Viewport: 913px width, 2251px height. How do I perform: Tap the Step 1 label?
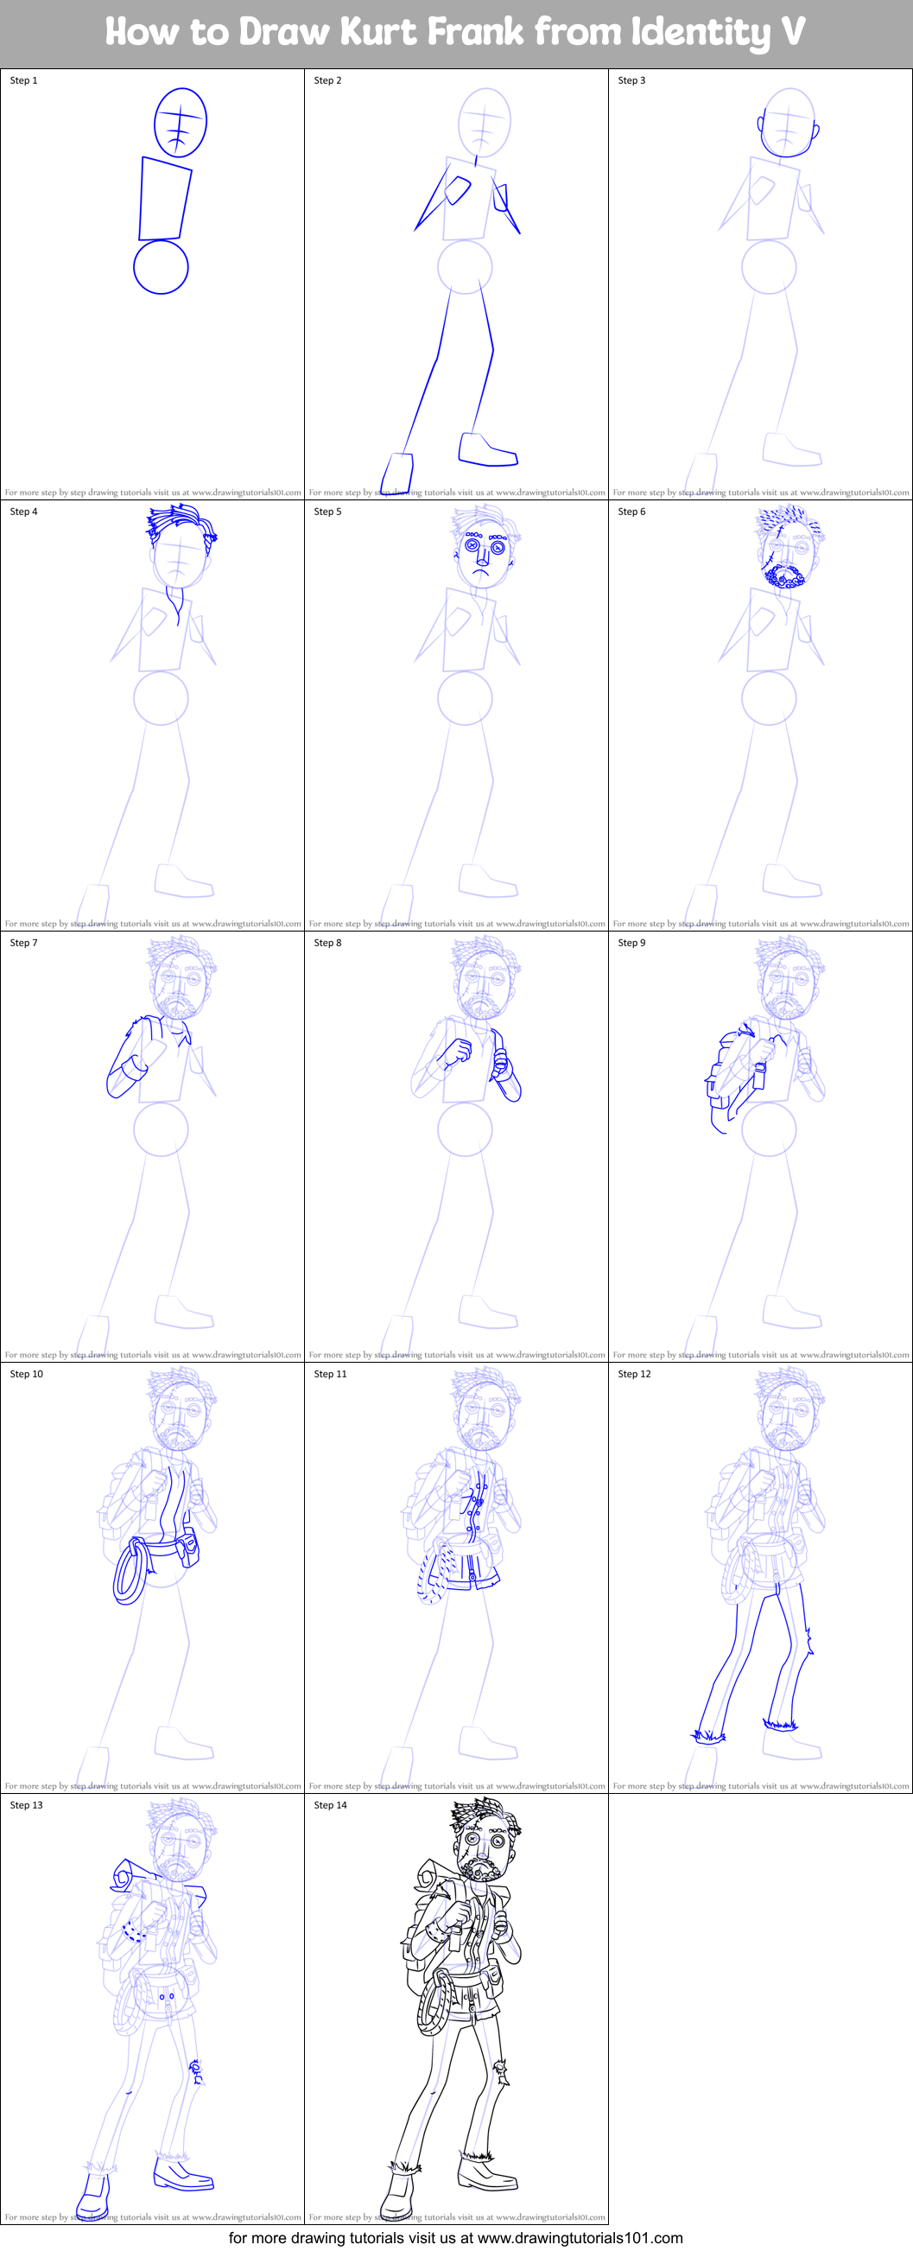[23, 80]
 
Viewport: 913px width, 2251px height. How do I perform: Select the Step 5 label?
[327, 512]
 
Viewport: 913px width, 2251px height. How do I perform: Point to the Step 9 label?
[631, 943]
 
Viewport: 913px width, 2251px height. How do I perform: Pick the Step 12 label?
[634, 1374]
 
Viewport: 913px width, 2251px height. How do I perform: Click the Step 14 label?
[330, 1804]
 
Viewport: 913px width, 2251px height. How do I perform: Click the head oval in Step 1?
[181, 123]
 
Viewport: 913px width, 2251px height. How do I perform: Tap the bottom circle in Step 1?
[161, 266]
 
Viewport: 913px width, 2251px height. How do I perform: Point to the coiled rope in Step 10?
[130, 1573]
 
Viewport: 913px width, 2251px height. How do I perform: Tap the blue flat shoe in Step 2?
[487, 449]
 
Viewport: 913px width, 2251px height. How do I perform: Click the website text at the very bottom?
[455, 2238]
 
